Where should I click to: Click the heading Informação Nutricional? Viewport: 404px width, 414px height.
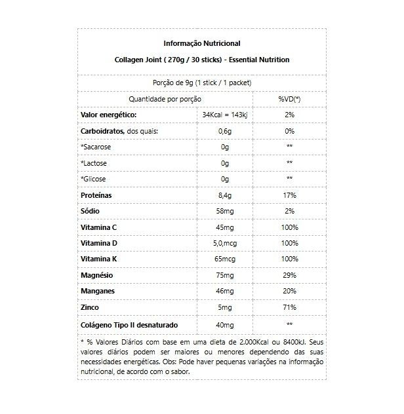[x=201, y=44]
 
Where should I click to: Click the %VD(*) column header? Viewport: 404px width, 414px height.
[x=289, y=98]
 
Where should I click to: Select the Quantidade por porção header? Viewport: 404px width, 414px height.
[x=165, y=98]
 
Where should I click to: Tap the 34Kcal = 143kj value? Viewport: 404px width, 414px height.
[x=225, y=115]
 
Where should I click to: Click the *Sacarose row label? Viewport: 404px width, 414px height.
[x=96, y=147]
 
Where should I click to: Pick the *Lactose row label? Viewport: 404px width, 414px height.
[x=95, y=163]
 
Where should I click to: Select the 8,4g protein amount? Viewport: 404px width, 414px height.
[x=225, y=195]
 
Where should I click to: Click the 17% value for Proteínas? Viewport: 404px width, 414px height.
[x=289, y=195]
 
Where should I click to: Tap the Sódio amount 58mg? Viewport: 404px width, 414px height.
[x=225, y=211]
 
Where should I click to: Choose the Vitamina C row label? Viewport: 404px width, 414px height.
[x=99, y=227]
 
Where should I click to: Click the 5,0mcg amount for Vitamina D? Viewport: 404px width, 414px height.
[x=225, y=243]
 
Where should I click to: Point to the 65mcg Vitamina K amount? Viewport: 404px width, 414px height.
[x=225, y=259]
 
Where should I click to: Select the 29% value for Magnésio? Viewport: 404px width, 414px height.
[x=289, y=275]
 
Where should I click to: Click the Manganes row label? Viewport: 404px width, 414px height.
[x=98, y=292]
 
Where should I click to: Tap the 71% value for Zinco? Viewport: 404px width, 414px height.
[x=289, y=307]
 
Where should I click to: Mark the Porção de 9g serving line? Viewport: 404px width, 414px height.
[x=201, y=83]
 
